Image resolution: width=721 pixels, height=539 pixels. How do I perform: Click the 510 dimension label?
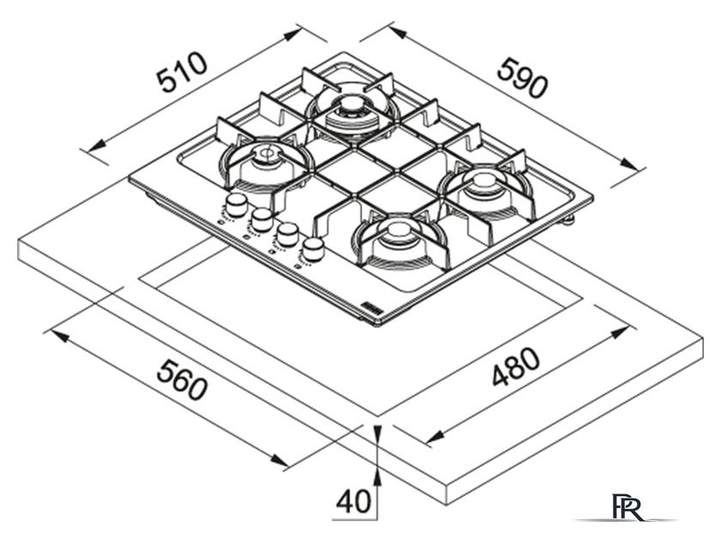tap(182, 73)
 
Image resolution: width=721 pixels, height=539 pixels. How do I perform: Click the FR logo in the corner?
tap(627, 508)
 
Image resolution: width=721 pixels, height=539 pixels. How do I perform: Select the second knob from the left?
tap(263, 219)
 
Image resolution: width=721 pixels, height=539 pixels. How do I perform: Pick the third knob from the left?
tap(288, 234)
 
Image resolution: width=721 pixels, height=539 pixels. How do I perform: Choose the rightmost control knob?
tap(314, 249)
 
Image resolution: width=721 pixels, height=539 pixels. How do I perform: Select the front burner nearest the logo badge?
tap(397, 232)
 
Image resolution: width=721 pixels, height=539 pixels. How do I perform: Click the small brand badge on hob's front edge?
tap(379, 305)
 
